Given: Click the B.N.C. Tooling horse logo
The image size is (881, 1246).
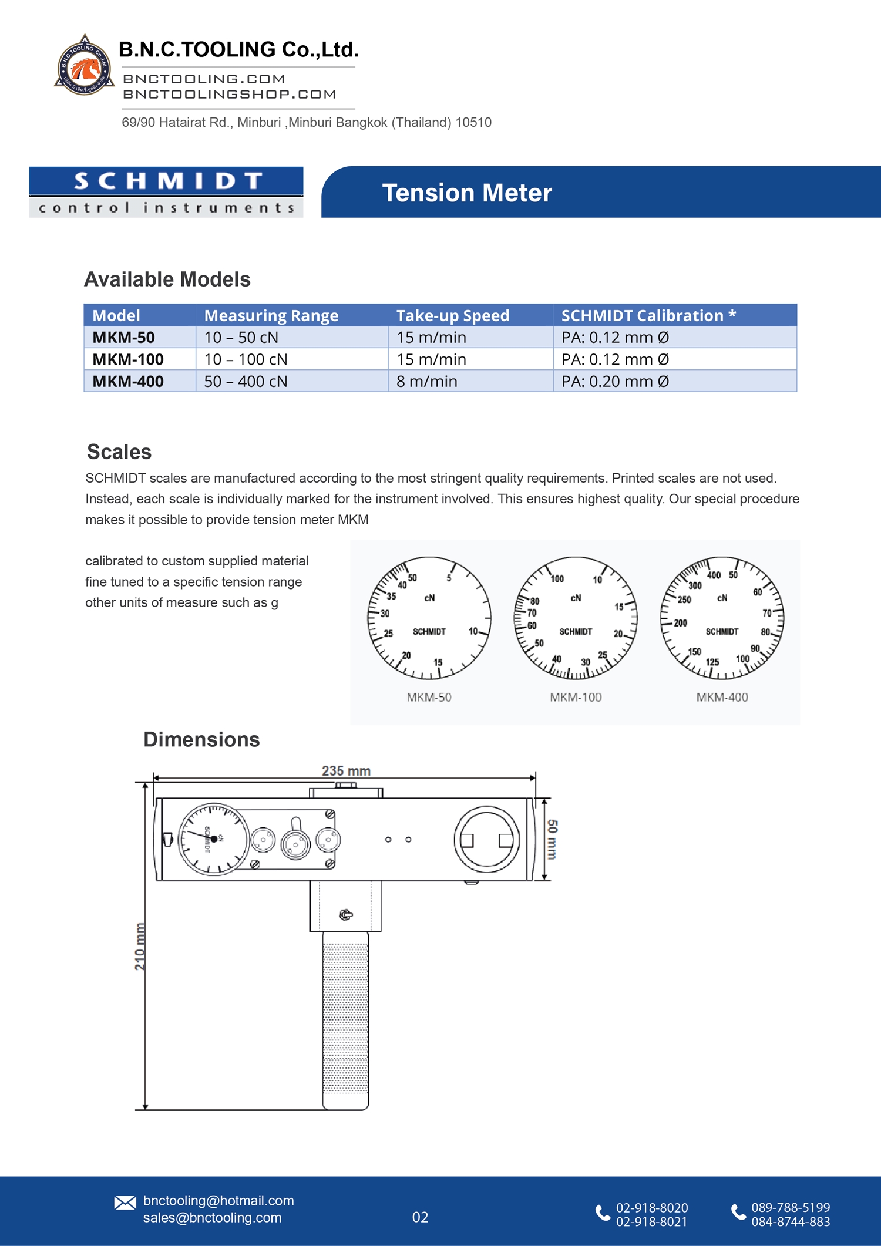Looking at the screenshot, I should [84, 66].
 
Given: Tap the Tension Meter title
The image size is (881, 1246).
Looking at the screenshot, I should [467, 193].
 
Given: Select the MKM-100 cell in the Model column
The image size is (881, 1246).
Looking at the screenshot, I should [128, 359].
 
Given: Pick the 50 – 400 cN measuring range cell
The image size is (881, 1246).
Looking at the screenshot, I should [246, 382].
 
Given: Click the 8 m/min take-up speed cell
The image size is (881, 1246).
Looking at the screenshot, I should [427, 382].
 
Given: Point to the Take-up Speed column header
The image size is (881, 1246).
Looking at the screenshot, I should [452, 316].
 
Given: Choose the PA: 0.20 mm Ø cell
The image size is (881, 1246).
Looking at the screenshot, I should [615, 382].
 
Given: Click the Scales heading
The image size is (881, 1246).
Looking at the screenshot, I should [119, 452].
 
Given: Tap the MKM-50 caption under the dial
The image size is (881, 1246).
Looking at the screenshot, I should [429, 697].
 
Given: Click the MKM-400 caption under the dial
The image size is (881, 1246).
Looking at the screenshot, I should [722, 697].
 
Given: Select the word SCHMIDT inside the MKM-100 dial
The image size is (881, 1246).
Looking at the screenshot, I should [576, 631].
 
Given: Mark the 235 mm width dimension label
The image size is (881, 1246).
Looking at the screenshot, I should [346, 770].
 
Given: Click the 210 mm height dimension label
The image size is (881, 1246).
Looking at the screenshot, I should [140, 946].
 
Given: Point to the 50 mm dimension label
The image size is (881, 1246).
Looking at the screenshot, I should [552, 839].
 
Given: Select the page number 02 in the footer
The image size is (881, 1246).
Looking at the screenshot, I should [420, 1217].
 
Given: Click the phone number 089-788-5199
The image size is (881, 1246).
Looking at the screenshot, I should [791, 1207].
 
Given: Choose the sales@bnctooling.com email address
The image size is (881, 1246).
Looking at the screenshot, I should [212, 1218].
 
